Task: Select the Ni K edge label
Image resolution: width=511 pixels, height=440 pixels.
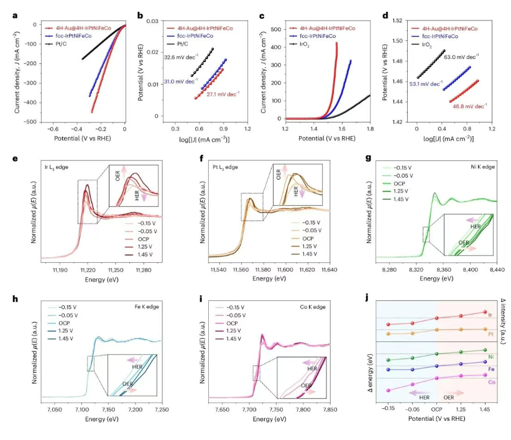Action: [x=482, y=163]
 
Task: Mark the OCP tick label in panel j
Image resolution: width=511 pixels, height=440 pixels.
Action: [x=437, y=410]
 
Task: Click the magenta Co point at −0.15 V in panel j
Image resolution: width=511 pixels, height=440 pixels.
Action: [x=388, y=390]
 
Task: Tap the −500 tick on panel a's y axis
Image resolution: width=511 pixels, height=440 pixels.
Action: [x=29, y=122]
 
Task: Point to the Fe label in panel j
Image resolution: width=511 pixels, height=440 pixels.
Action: [x=491, y=369]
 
